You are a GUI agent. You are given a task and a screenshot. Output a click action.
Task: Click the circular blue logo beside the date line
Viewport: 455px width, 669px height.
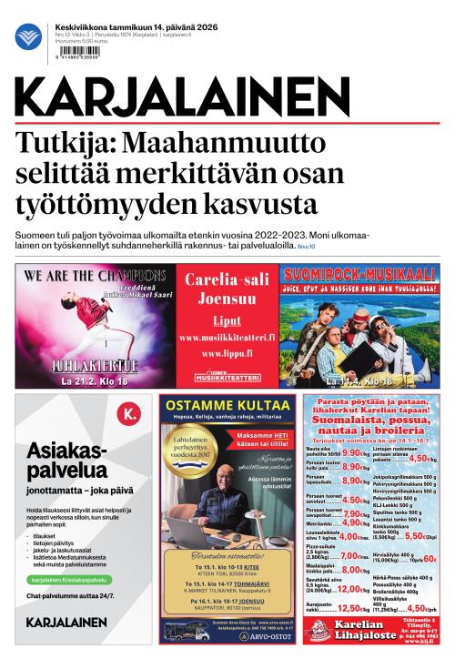pos(28,36)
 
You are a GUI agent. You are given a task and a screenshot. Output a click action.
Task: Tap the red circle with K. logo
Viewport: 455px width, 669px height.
pos(132,415)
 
